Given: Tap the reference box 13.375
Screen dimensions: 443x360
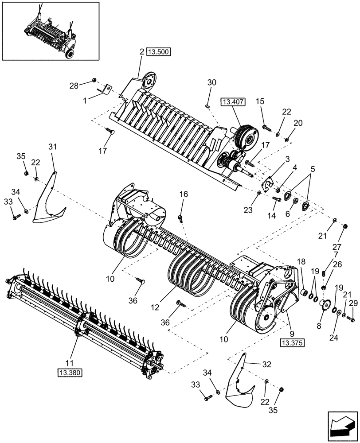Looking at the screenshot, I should (290, 342).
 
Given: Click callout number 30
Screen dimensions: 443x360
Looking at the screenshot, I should (212, 82).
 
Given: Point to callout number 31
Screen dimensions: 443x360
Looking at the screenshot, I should (53, 147).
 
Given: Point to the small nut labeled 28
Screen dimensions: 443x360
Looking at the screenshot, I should (94, 80).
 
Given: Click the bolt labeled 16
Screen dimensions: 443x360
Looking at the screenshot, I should (181, 217).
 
